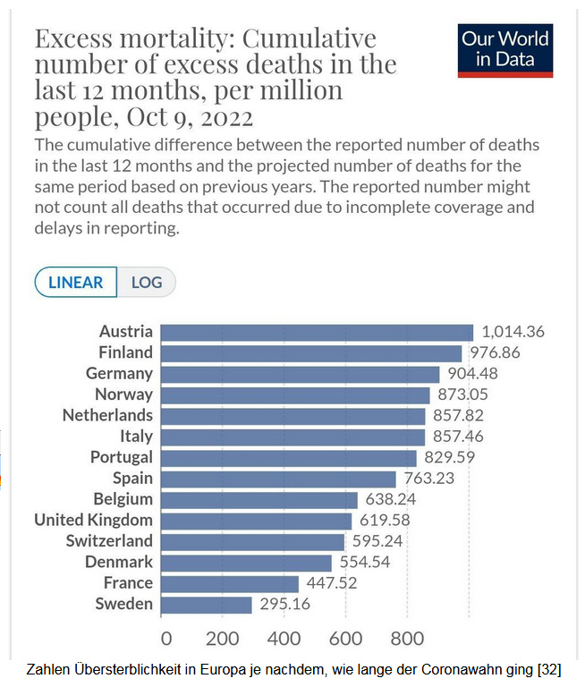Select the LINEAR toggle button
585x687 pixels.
pyautogui.click(x=76, y=283)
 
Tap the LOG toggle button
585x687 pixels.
pyautogui.click(x=147, y=283)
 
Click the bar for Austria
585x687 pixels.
pyautogui.click(x=317, y=332)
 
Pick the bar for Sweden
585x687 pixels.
pyautogui.click(x=207, y=605)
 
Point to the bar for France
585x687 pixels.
pyautogui.click(x=230, y=583)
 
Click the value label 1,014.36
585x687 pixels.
pyautogui.click(x=513, y=332)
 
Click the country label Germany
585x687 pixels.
pyautogui.click(x=119, y=374)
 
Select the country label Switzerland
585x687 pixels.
pyautogui.click(x=109, y=541)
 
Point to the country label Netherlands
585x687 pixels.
pyautogui.click(x=107, y=416)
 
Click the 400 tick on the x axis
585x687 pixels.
pyautogui.click(x=284, y=639)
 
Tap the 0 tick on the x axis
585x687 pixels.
pyautogui.click(x=165, y=639)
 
